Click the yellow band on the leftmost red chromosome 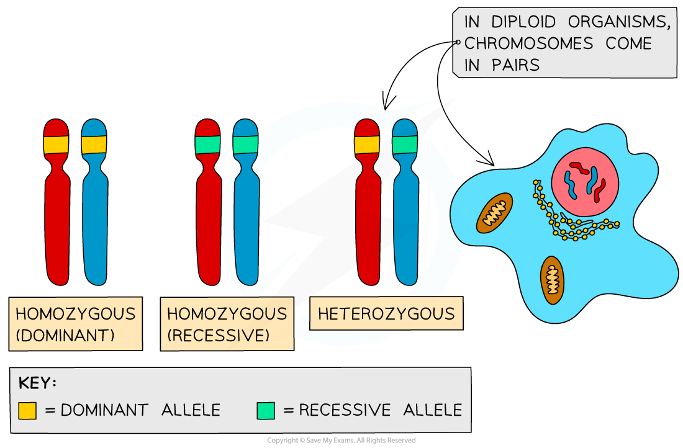click(x=56, y=145)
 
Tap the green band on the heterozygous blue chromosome click(x=405, y=145)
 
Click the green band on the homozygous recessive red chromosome click(x=207, y=145)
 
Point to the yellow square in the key click(x=27, y=410)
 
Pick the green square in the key click(x=265, y=410)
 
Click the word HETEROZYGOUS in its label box click(x=386, y=314)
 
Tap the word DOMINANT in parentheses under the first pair click(x=65, y=336)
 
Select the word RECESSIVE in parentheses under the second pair click(x=218, y=336)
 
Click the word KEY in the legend click(x=34, y=383)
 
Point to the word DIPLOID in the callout click(x=523, y=22)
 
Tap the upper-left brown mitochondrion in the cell click(x=495, y=213)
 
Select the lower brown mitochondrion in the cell click(x=551, y=280)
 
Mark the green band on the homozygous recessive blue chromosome click(x=245, y=145)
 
